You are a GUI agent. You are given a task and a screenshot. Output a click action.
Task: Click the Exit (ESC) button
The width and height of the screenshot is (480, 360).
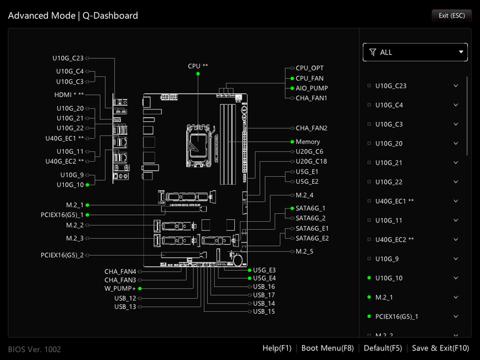pyautogui.click(x=452, y=16)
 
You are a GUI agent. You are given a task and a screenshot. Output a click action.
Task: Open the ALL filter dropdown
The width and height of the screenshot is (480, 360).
pyautogui.click(x=415, y=52)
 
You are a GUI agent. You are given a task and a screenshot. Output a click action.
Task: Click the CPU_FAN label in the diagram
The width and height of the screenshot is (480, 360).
pyautogui.click(x=309, y=78)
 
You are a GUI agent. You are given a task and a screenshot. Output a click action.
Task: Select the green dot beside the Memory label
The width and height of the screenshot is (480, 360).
pyautogui.click(x=293, y=142)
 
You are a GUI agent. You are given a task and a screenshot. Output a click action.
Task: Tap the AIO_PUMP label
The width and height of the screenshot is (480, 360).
pyautogui.click(x=312, y=88)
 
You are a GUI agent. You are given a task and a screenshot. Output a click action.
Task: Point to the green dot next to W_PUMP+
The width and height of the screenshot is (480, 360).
pyautogui.click(x=140, y=288)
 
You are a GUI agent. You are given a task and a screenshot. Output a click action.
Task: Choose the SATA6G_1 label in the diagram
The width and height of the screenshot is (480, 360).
pyautogui.click(x=311, y=209)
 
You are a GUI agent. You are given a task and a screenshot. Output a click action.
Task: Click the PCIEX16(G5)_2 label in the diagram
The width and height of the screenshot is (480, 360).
pyautogui.click(x=62, y=255)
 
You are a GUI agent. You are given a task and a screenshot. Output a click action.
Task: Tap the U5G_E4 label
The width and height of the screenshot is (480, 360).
pyautogui.click(x=264, y=278)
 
